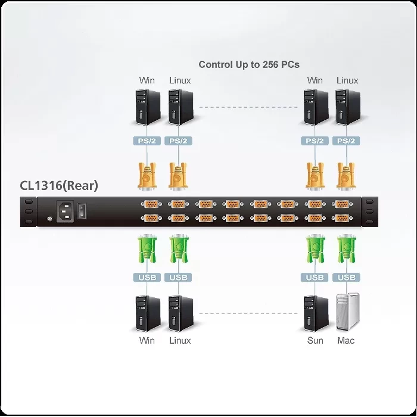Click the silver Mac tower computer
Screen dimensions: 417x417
tap(348, 312)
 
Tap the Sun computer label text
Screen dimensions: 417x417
tap(315, 340)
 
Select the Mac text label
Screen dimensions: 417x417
tap(346, 340)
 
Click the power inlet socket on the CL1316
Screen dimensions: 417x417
tap(65, 211)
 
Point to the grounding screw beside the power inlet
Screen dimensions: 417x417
tap(49, 219)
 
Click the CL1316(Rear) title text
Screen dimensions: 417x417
tap(59, 185)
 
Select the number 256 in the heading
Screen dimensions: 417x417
tap(270, 64)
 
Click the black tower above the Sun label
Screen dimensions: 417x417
tap(316, 313)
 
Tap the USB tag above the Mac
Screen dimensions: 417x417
tap(346, 278)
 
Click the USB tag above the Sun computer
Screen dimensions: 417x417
tap(315, 278)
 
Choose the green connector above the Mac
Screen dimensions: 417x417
tap(346, 248)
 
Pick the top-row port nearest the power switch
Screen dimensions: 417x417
tap(151, 204)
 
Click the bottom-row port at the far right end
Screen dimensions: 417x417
tap(342, 219)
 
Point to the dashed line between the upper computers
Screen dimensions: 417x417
tap(248, 107)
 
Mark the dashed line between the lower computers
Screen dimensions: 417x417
tap(248, 313)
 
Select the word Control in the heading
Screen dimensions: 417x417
tap(216, 64)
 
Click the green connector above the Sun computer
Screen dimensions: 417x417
tap(315, 248)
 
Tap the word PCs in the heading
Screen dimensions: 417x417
tap(291, 64)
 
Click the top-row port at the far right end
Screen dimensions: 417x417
tap(342, 204)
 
